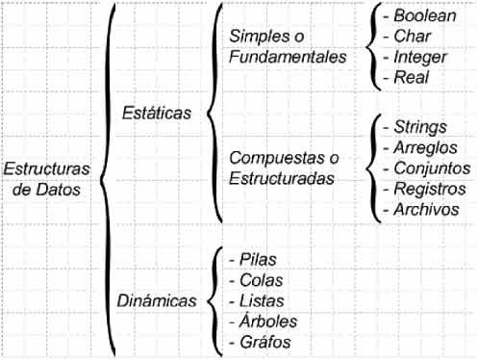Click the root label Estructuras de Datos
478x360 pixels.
click(x=47, y=179)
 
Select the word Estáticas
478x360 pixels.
click(x=157, y=113)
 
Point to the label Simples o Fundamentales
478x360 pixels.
click(x=288, y=46)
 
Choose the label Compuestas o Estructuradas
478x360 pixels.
click(x=288, y=168)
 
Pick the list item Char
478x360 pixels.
click(x=408, y=37)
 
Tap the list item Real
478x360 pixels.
click(x=407, y=78)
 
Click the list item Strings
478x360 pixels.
click(x=415, y=127)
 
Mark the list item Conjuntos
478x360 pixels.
click(x=427, y=168)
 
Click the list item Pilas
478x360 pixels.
click(x=252, y=259)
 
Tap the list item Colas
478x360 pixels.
click(x=254, y=279)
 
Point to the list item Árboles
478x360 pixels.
click(x=264, y=321)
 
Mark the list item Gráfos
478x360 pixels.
click(x=259, y=341)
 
